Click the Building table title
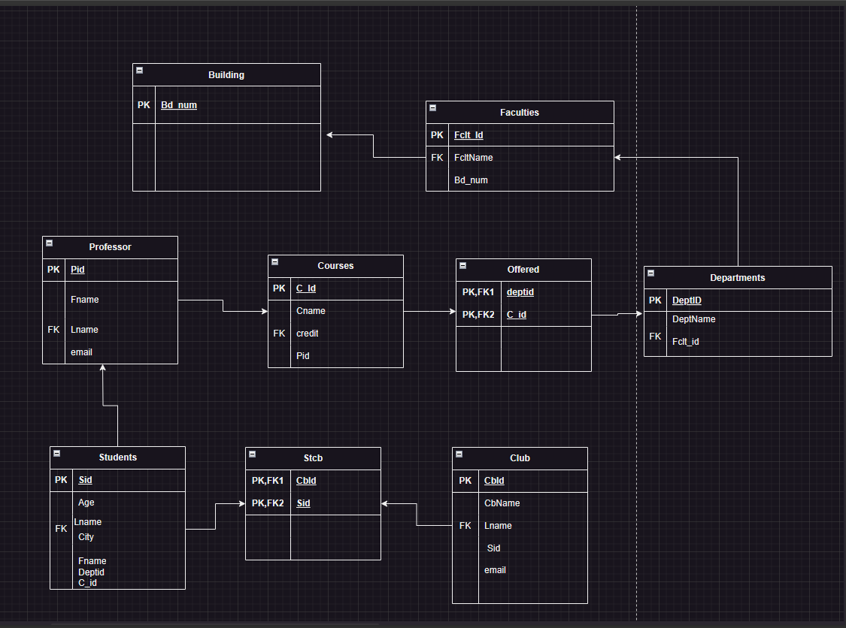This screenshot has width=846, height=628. click(226, 75)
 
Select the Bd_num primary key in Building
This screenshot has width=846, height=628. click(179, 105)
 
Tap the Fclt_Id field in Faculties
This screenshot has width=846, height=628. click(468, 135)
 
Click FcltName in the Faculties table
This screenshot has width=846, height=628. click(474, 158)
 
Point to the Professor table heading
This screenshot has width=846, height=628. click(110, 247)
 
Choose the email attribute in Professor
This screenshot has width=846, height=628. click(81, 352)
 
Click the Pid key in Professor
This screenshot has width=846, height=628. click(77, 269)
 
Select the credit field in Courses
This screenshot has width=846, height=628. click(308, 333)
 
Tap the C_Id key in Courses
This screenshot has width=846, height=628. click(306, 288)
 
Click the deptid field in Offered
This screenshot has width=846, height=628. click(520, 292)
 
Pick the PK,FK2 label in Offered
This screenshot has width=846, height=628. click(478, 315)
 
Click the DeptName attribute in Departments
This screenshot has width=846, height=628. click(693, 319)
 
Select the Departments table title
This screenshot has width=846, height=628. click(737, 278)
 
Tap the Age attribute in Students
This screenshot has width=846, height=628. click(86, 503)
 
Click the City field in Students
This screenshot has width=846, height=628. click(86, 537)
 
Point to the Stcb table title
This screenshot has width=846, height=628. click(313, 457)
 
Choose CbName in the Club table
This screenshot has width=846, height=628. click(502, 503)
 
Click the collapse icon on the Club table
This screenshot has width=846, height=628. click(459, 454)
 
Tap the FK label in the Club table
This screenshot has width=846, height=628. click(465, 526)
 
